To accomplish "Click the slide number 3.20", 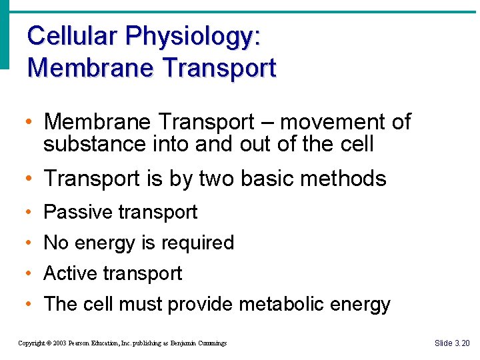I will click(x=461, y=343).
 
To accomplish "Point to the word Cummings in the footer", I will click(x=211, y=343).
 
